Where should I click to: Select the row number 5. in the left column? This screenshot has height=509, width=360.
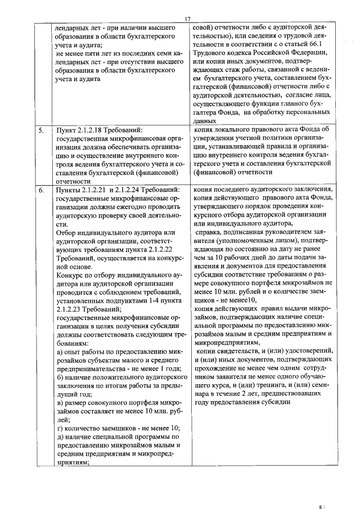click(x=41, y=130)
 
